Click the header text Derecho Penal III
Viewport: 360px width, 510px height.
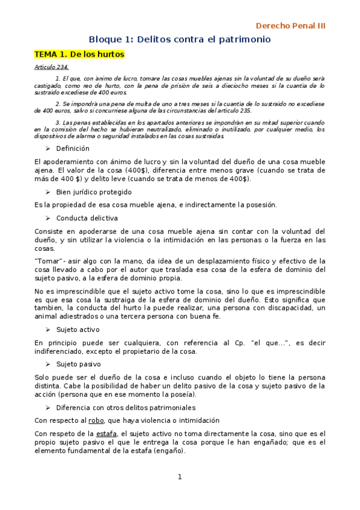tap(290, 26)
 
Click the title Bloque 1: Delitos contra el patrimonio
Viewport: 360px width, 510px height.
tap(180, 39)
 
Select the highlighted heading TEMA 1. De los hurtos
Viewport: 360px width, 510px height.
tap(79, 54)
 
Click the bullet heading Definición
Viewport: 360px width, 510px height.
tap(73, 149)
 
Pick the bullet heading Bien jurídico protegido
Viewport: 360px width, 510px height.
tap(94, 192)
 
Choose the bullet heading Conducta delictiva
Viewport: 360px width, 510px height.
tap(87, 218)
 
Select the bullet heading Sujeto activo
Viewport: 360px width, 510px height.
tap(78, 330)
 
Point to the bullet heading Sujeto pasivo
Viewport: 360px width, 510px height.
tap(78, 364)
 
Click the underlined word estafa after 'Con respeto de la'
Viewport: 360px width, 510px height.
tap(106, 434)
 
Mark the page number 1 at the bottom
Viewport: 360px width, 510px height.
tap(179, 477)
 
